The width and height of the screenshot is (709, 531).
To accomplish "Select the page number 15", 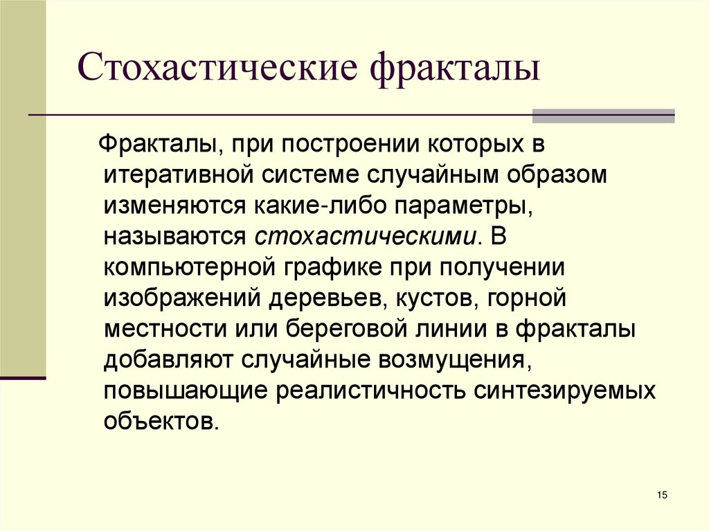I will [661, 494].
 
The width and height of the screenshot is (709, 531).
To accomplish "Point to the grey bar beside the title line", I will [603, 116].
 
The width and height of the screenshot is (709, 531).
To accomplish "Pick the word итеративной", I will [179, 176].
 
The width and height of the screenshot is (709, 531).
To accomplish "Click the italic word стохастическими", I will [366, 236].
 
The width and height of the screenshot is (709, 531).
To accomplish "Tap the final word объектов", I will [161, 419].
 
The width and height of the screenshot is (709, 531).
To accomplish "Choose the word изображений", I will [183, 297].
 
